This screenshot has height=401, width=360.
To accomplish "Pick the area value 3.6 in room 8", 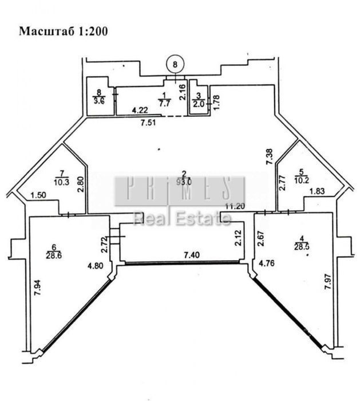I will [x=100, y=102].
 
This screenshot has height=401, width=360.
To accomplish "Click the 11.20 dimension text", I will [x=235, y=206].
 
